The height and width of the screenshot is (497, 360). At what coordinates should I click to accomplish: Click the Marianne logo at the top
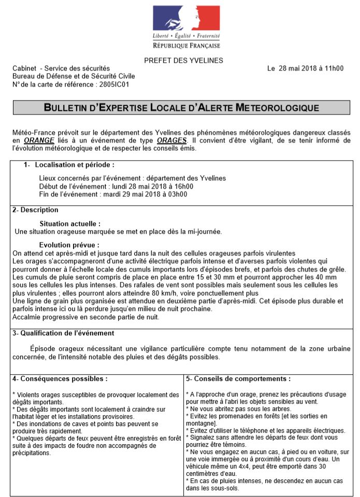coord(186,18)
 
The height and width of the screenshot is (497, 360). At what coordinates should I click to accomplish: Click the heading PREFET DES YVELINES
coord(183,61)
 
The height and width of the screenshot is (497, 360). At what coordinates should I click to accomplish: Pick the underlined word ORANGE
coord(39,140)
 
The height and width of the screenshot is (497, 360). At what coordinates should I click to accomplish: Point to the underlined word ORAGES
coord(171,140)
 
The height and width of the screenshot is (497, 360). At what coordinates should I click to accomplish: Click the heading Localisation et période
coord(74,165)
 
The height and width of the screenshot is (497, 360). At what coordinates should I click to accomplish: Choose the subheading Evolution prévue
coord(69,245)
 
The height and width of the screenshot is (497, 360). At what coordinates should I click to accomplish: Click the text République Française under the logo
coord(186,46)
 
